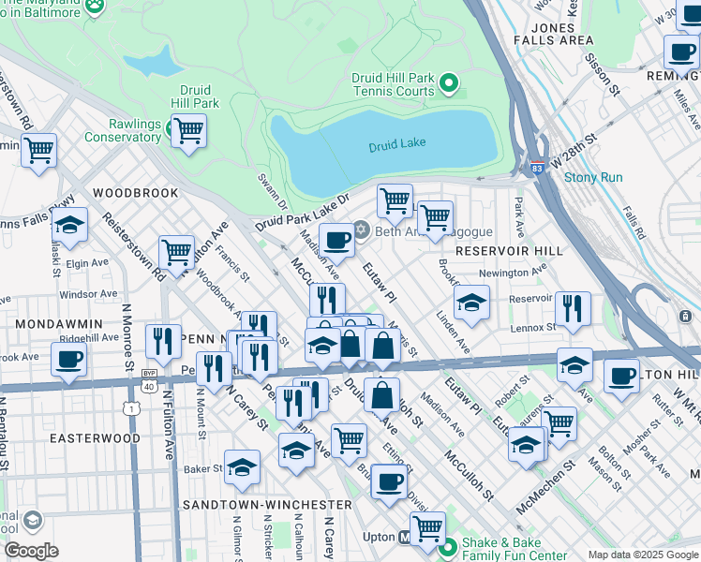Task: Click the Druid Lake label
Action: pos(395,147)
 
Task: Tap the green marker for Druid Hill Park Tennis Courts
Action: pos(449,84)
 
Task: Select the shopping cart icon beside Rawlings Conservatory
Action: pos(188,130)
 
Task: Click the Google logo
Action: pos(31,550)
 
